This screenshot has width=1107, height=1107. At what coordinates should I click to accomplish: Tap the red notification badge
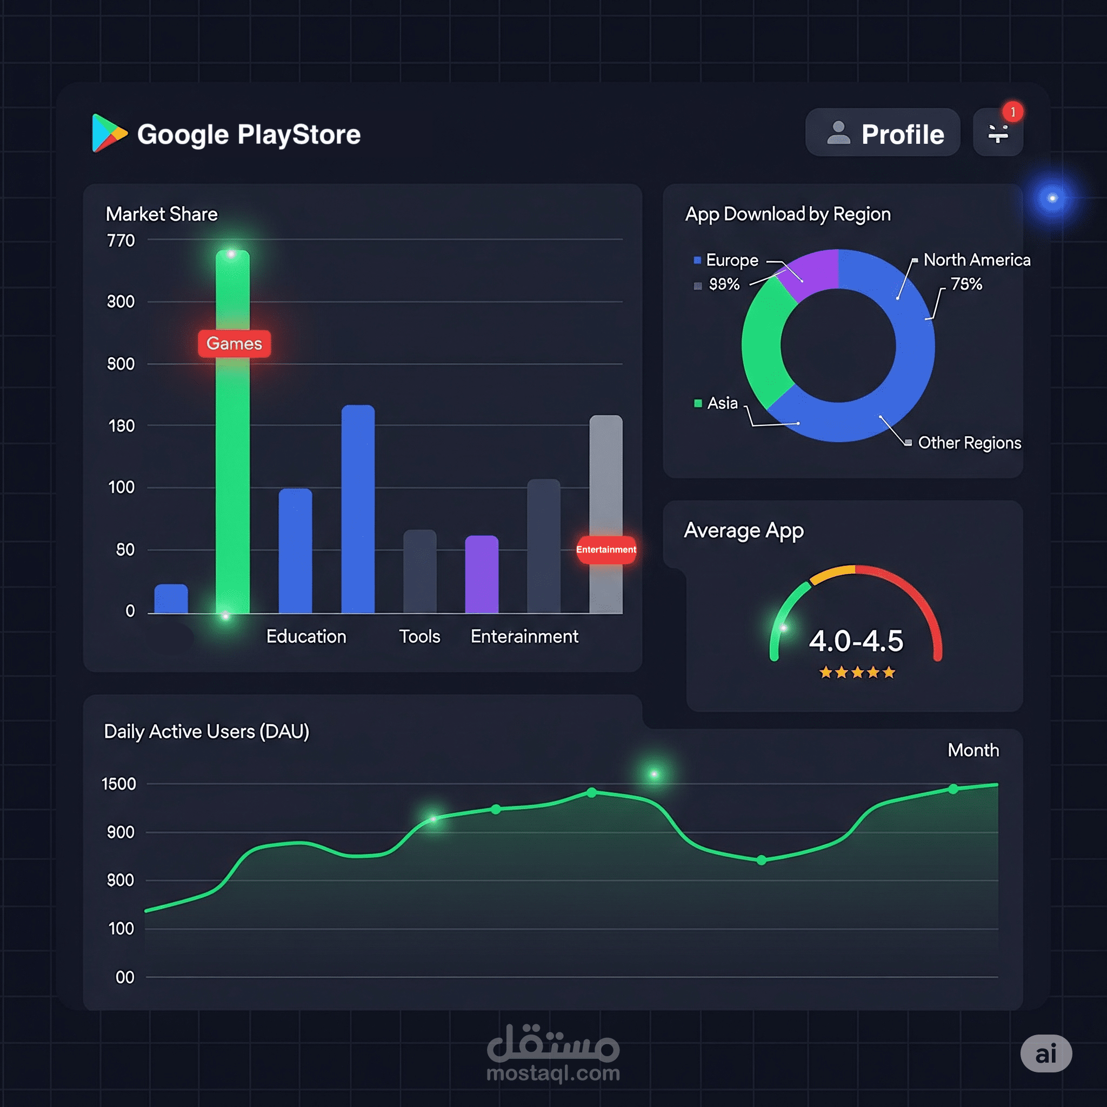[1012, 112]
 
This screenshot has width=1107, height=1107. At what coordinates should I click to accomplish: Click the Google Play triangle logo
[108, 133]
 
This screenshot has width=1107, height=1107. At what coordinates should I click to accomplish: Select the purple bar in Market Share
[481, 574]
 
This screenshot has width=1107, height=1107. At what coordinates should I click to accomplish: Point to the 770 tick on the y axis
[121, 241]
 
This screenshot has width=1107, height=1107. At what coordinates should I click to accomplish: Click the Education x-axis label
[306, 636]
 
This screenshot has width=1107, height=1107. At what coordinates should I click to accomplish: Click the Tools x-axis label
[419, 636]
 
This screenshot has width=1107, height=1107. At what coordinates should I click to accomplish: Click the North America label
[976, 260]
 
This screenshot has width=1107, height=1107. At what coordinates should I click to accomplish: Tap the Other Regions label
[969, 443]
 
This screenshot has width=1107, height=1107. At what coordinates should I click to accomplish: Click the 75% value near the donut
[966, 284]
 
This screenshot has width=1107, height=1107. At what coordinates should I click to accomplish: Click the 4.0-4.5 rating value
[856, 641]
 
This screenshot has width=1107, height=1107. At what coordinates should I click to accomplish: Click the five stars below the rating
[857, 672]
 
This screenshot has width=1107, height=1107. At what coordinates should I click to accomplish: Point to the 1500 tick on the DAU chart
[118, 784]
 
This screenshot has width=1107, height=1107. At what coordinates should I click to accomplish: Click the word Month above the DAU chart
[973, 750]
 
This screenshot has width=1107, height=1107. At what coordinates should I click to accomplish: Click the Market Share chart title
[162, 214]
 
